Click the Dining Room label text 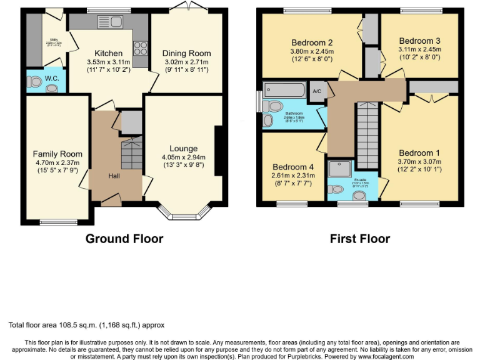coord(186,53)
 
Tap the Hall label coord(114,176)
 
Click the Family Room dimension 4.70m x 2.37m coord(57,162)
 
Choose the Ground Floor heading coord(124,239)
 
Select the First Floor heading coord(360,239)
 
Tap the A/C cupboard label coord(317,91)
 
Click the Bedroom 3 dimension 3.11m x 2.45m coord(419,50)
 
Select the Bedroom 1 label coord(419,153)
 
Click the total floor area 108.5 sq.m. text coord(87,325)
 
